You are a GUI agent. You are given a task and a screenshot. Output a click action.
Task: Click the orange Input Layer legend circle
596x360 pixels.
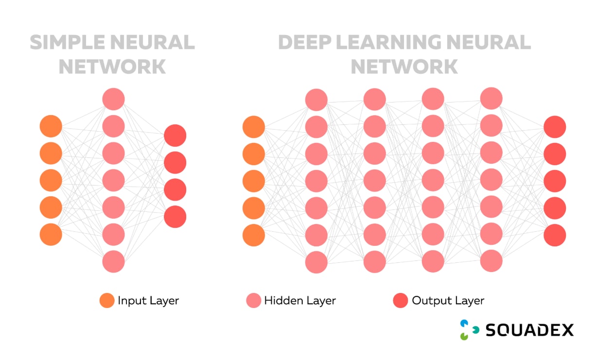point(107,301)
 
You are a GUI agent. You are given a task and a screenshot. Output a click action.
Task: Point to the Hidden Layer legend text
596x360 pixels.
point(300,301)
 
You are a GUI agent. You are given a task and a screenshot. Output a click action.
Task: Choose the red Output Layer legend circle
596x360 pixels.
point(400,301)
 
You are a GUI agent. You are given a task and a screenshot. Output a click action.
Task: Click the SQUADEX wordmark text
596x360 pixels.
point(529,330)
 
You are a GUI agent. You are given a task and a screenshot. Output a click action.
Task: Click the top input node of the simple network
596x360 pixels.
point(51,126)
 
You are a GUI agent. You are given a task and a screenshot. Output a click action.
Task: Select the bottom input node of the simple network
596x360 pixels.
point(51,235)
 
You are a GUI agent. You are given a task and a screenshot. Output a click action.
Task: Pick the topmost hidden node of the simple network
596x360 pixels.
point(114,99)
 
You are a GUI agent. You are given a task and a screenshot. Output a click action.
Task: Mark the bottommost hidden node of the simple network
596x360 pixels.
point(114,261)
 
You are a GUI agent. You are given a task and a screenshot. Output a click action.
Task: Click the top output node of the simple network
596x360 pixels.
point(175,136)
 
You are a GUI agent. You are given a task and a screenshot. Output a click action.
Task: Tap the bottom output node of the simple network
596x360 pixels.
point(175,217)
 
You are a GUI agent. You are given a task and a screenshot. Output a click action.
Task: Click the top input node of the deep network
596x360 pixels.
point(254,127)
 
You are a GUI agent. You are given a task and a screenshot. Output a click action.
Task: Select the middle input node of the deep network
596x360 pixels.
point(254,181)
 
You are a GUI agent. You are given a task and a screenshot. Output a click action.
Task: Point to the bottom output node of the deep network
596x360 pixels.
point(555,235)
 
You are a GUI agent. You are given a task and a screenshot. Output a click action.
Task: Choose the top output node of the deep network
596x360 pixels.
point(555,127)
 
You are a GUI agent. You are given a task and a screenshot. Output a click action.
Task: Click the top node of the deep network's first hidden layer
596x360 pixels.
point(316,100)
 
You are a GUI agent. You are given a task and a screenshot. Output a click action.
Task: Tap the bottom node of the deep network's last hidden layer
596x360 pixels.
point(491,261)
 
